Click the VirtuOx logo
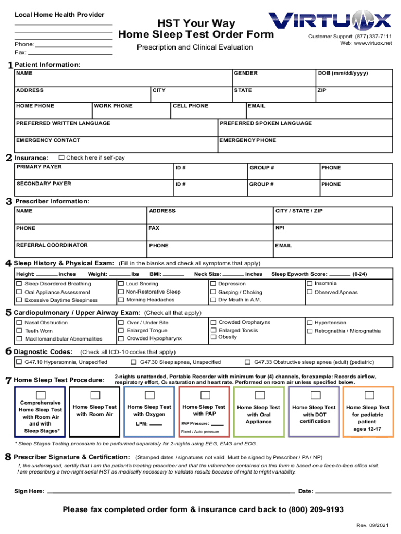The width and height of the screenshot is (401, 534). (330, 21)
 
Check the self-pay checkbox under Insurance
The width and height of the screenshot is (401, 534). (61, 157)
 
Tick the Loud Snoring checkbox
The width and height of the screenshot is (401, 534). (121, 284)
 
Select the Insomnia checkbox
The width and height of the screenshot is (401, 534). (310, 283)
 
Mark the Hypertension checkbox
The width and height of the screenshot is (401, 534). (310, 323)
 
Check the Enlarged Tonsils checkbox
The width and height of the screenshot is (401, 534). (214, 330)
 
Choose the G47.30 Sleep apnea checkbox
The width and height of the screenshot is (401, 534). (134, 362)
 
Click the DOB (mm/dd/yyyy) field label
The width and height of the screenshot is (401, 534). (342, 74)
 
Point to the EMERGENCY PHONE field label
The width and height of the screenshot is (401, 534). (247, 140)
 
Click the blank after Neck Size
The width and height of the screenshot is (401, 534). (233, 274)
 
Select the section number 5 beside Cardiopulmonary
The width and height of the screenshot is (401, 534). (9, 313)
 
